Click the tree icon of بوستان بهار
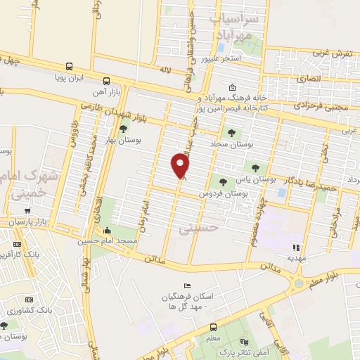coord(124,129)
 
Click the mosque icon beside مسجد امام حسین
coord(107,231)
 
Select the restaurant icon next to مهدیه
coord(296,247)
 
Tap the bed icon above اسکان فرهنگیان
coord(186,285)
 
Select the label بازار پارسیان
coord(30,222)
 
